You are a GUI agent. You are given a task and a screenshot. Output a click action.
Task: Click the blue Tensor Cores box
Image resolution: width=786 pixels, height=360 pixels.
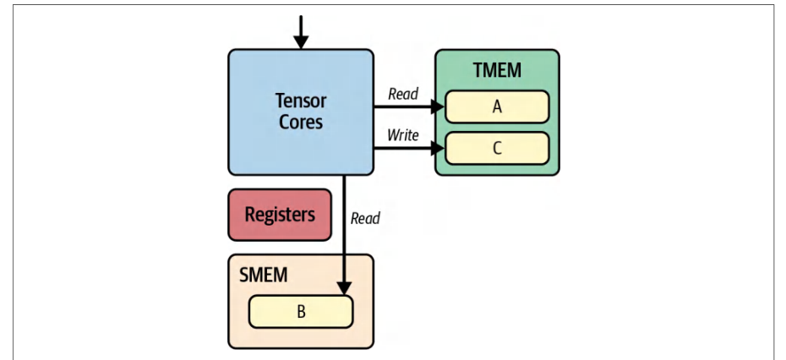(301, 112)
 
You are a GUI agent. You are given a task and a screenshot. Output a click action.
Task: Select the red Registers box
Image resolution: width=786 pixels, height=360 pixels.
(280, 215)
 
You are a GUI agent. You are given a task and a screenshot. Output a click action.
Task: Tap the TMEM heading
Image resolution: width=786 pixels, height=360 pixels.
(497, 70)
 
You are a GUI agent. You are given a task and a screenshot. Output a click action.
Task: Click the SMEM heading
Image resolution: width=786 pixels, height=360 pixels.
(263, 275)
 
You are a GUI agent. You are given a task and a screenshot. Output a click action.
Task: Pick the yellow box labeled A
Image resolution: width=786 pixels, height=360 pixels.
(497, 106)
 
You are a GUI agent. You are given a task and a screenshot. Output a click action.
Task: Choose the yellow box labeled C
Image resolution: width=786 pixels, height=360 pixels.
(497, 148)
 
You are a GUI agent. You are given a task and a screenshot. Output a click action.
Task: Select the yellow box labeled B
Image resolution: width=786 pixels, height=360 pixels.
(301, 312)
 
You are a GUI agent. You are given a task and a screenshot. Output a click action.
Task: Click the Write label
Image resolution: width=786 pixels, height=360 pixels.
(402, 135)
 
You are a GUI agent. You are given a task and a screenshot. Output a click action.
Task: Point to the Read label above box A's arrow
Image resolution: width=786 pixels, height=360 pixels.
(403, 95)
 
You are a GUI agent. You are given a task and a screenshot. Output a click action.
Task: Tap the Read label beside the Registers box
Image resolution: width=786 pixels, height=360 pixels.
(365, 218)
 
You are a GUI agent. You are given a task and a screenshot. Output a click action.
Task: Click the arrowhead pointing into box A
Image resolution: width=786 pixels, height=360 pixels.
(438, 106)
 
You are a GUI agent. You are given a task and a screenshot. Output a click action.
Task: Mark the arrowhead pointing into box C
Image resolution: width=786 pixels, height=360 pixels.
(438, 148)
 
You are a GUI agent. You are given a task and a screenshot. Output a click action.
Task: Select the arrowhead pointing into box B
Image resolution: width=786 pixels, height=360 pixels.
(344, 288)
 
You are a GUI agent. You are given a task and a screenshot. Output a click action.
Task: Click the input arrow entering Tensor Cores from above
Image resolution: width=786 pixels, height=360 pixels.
(301, 32)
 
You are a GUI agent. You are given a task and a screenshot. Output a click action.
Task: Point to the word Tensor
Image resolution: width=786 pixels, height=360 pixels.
(301, 101)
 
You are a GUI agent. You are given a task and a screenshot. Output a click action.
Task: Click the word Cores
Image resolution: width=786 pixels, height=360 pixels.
(301, 123)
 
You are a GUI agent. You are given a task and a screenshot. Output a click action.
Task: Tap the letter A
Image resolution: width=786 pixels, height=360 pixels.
(497, 106)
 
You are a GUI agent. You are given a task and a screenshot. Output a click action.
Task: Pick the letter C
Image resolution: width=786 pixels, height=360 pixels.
(497, 149)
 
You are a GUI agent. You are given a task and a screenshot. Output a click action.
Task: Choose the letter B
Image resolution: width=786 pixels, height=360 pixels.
(301, 312)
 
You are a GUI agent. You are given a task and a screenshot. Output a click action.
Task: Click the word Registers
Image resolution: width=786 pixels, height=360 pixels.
(280, 215)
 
